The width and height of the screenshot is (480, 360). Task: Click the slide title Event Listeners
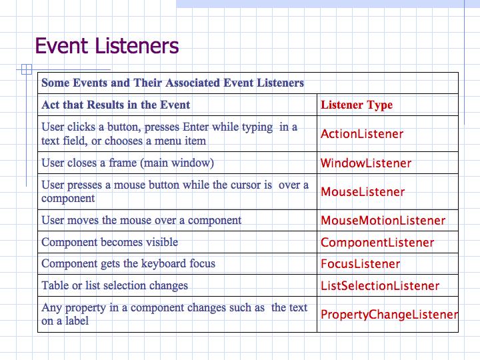[x=107, y=46]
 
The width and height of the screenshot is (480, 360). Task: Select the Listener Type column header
[x=357, y=105]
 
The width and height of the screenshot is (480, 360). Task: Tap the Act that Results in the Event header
[x=116, y=105]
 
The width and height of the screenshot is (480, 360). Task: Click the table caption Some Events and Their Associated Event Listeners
[x=173, y=83]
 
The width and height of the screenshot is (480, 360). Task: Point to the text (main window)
[x=177, y=163]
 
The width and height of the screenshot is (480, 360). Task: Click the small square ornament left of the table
[x=27, y=69]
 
